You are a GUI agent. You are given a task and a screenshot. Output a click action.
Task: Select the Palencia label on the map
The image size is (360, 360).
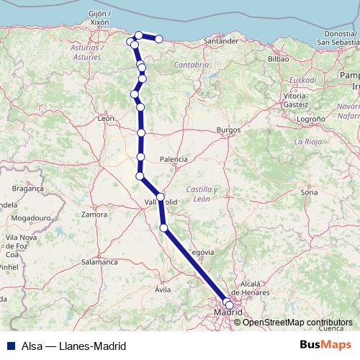coord(174,158)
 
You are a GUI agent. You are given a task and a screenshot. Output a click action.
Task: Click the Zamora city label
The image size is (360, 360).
coord(94,215)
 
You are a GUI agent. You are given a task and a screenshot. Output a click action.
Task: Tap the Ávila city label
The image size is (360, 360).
coord(163,289)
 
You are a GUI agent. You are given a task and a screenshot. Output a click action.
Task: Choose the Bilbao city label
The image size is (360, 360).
coord(278,58)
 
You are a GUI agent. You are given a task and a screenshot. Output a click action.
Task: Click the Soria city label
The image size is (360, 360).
coord(310,193)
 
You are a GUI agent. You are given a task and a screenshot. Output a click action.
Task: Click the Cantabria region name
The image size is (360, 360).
coord(191,65)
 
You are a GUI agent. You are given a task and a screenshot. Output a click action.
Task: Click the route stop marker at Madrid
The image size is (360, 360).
coord(229,305)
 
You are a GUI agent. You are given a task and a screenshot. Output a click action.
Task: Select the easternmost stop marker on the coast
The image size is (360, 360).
coord(159,38)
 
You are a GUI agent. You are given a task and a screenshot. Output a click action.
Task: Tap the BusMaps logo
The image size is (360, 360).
coord(325,345)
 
